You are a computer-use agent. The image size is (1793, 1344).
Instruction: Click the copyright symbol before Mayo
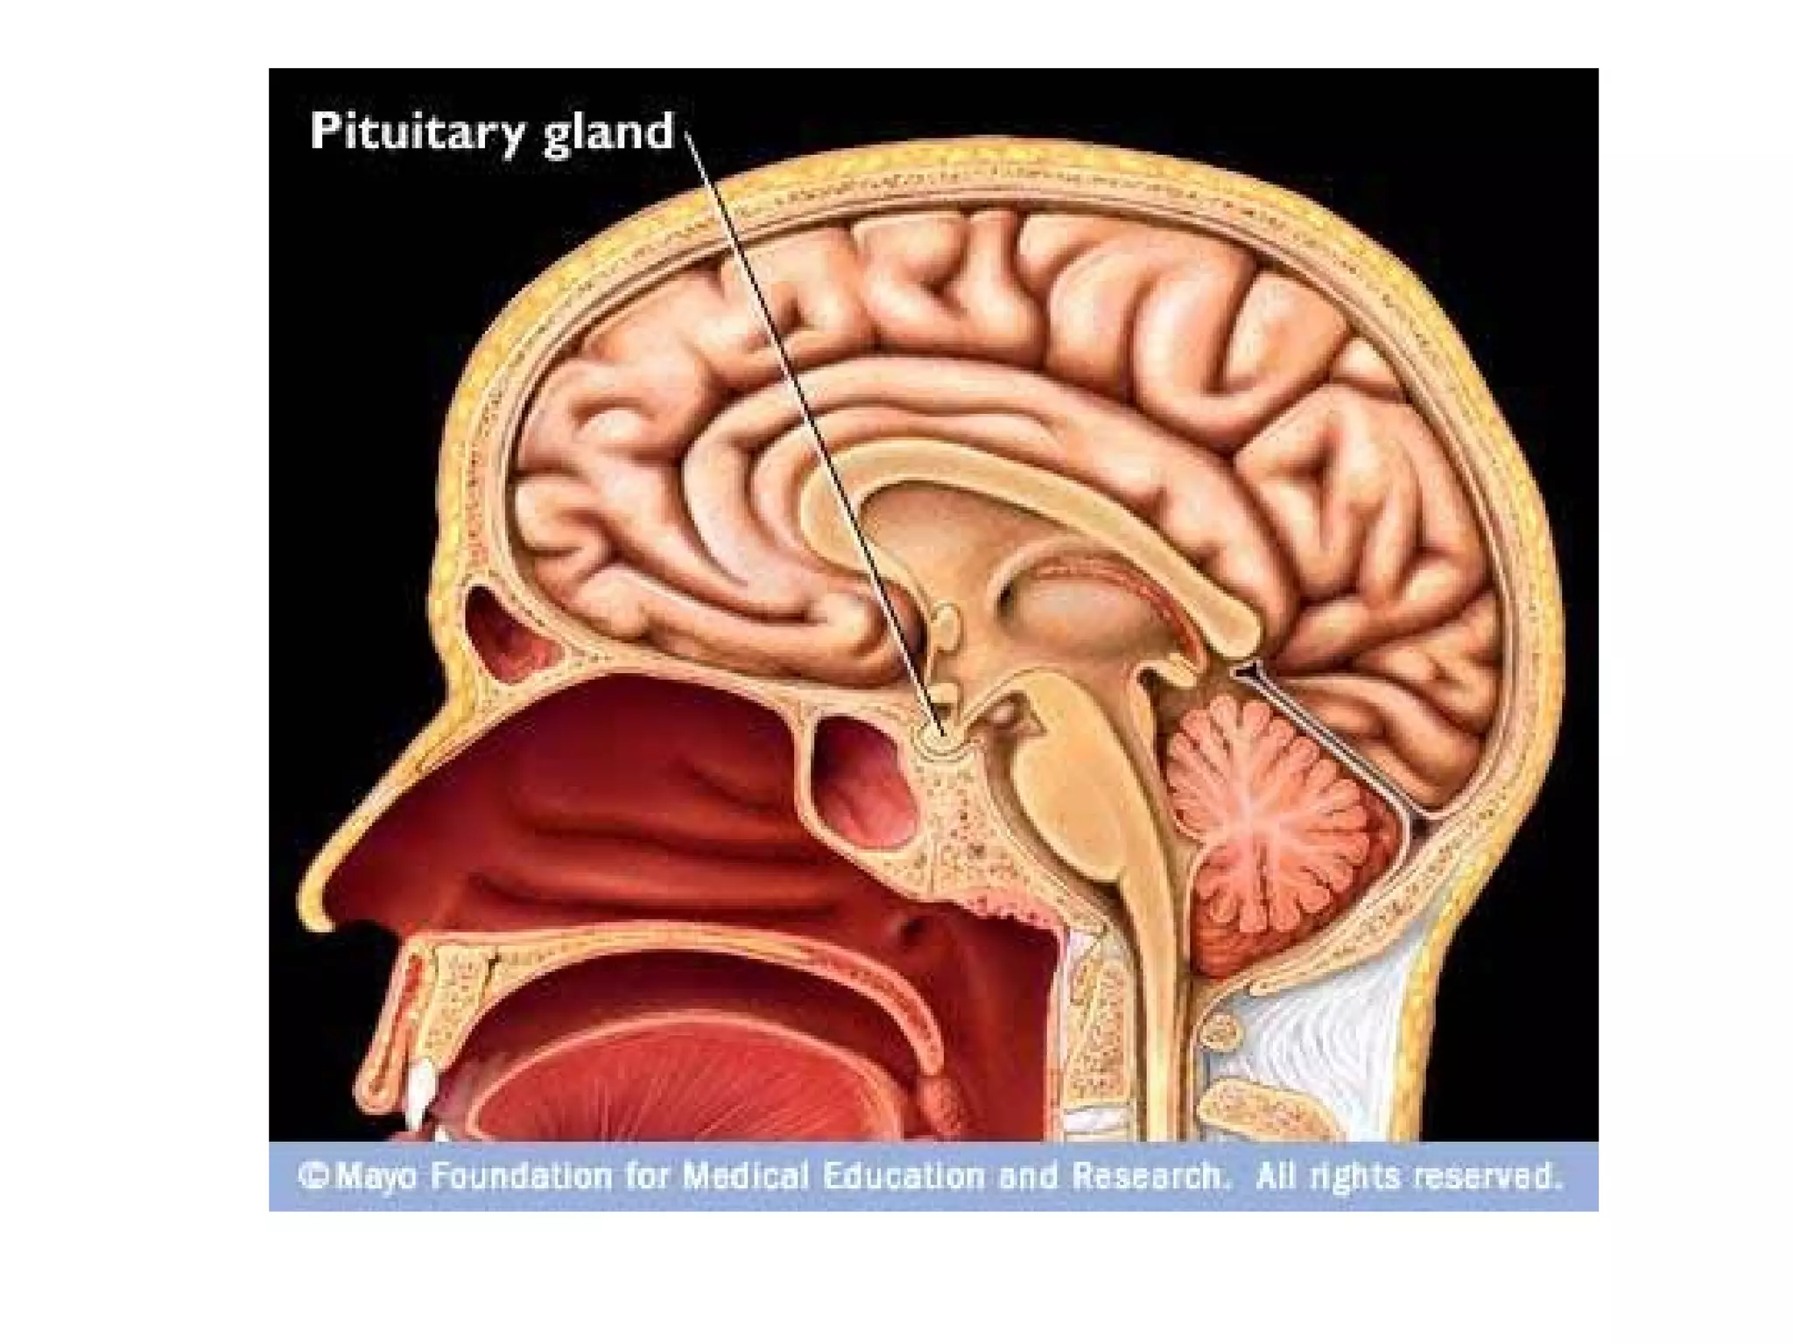313,1175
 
